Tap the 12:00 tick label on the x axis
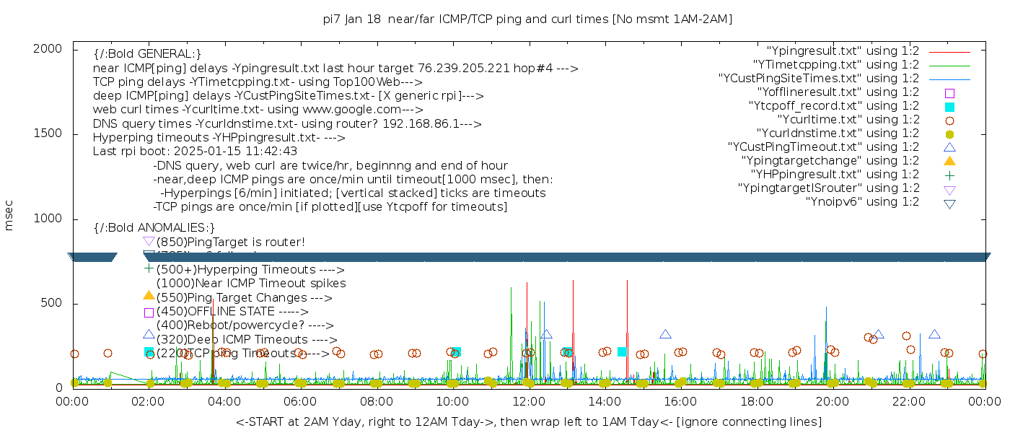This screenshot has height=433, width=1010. (528, 401)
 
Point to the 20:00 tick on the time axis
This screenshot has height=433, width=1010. (832, 401)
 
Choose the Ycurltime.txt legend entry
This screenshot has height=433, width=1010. (848, 120)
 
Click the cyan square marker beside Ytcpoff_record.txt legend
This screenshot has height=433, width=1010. (949, 107)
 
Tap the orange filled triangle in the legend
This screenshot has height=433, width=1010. (949, 161)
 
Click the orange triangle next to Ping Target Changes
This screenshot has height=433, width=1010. (149, 295)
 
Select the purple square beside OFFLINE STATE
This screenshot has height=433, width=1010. (149, 312)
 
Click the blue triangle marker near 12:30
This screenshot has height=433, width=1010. (546, 334)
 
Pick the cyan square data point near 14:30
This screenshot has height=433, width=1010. (622, 352)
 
